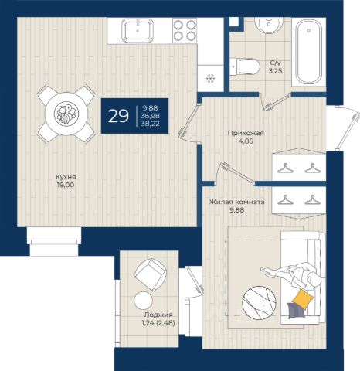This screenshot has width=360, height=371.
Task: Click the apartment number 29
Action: click(x=118, y=116)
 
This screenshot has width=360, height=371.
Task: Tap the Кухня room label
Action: click(x=66, y=177)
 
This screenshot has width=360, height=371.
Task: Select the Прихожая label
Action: click(x=246, y=133)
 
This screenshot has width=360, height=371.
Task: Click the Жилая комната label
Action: click(x=236, y=202)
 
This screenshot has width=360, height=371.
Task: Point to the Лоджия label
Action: click(x=158, y=315)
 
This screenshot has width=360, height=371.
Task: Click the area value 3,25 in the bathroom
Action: click(x=275, y=71)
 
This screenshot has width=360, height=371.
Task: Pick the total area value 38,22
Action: click(x=150, y=124)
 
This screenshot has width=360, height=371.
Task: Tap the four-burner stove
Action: click(x=185, y=31)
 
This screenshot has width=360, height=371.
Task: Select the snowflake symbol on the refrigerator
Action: click(x=211, y=78)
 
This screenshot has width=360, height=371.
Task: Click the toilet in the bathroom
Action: click(x=245, y=66)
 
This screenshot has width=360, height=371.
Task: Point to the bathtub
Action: click(x=309, y=53)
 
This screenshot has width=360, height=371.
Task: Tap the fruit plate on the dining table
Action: click(x=66, y=114)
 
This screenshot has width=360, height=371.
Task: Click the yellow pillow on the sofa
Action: click(x=304, y=298)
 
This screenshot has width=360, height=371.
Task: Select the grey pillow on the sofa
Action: click(x=297, y=310)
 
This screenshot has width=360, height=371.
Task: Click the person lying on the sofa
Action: click(x=292, y=276)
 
